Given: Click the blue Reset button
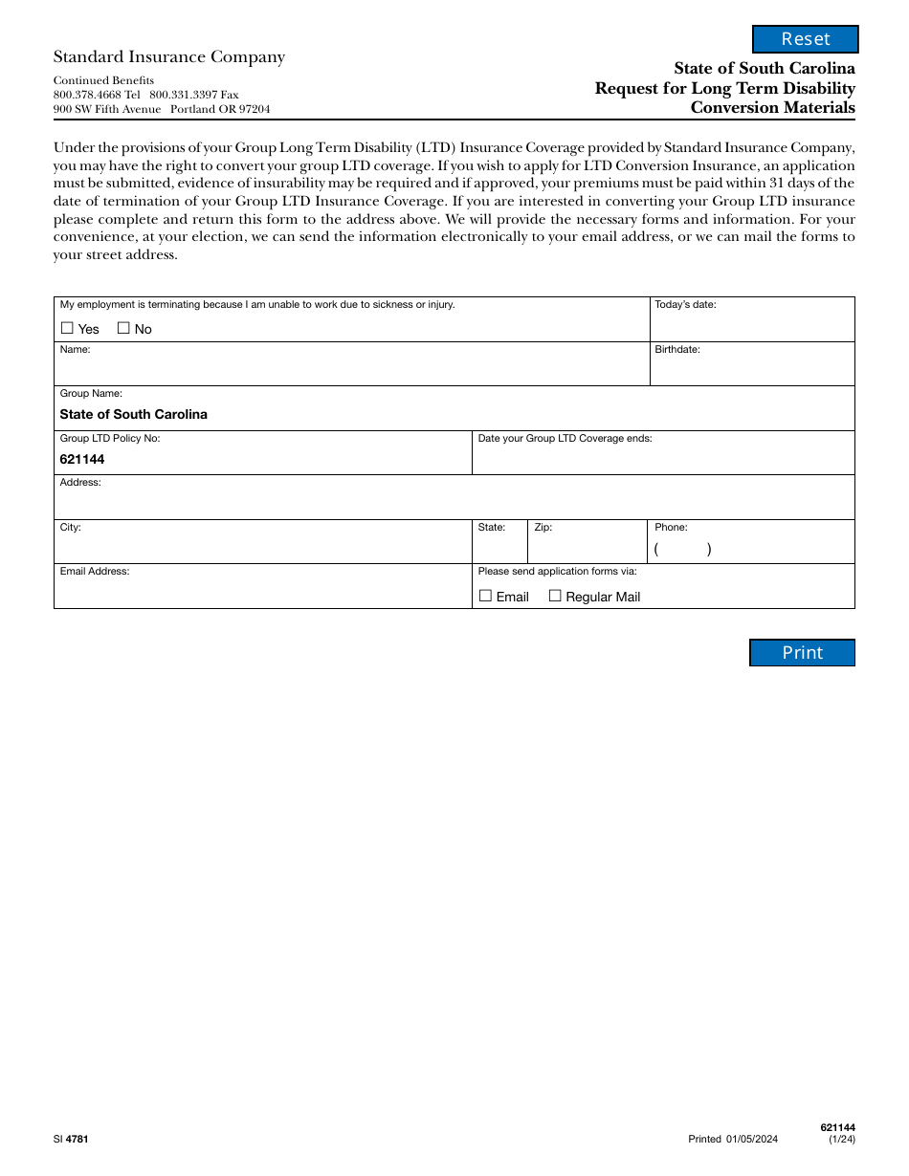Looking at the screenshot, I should [806, 39].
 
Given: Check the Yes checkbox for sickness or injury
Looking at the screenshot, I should [67, 328].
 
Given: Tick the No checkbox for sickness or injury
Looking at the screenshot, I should [123, 328].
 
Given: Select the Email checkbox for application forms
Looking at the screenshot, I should [485, 596].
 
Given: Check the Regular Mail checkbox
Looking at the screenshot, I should [555, 596].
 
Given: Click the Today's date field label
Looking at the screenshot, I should [685, 305].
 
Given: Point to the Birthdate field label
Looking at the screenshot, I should [677, 349].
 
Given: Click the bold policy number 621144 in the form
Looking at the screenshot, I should [82, 459].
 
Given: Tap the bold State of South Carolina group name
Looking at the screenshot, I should [133, 414].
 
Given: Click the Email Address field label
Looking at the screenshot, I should [95, 571].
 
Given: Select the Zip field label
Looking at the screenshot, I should [543, 527].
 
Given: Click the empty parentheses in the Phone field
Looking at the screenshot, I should [682, 550].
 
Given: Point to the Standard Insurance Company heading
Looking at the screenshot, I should [169, 57].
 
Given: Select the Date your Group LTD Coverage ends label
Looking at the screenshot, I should [565, 438].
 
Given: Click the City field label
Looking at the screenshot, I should [71, 527].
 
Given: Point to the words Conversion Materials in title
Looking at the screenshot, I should [773, 107].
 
